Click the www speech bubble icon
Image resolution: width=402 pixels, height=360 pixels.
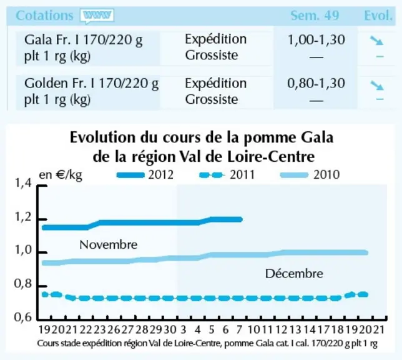coord(97,16)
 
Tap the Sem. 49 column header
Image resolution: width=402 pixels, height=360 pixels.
coord(315,16)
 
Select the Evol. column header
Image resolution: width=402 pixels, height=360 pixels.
coord(378,16)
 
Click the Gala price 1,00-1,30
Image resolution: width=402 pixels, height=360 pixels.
coord(316,40)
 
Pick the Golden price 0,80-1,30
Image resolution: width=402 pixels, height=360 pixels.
coord(316,84)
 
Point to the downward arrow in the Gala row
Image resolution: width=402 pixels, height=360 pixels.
coord(376,41)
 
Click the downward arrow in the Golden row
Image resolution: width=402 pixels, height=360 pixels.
coord(376,85)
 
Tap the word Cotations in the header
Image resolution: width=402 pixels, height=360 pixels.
coord(44,16)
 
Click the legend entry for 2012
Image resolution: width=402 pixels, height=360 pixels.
coord(145,175)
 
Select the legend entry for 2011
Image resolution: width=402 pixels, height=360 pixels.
coord(227,175)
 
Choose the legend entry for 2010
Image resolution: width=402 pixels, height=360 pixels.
coord(310,175)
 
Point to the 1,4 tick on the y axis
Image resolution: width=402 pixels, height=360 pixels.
coord(23,183)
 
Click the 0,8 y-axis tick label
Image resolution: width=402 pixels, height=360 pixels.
coord(23,284)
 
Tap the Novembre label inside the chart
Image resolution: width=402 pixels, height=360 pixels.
coord(109,244)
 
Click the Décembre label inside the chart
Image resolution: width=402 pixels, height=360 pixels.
coord(294,274)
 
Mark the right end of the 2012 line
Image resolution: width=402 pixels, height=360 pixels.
coord(241,219)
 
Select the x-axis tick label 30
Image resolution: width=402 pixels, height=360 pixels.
coord(170,329)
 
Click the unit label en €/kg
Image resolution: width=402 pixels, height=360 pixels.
coord(61,175)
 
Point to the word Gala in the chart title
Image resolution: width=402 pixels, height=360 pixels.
coord(317,137)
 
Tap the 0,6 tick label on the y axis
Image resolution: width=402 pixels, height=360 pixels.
coord(23,317)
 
